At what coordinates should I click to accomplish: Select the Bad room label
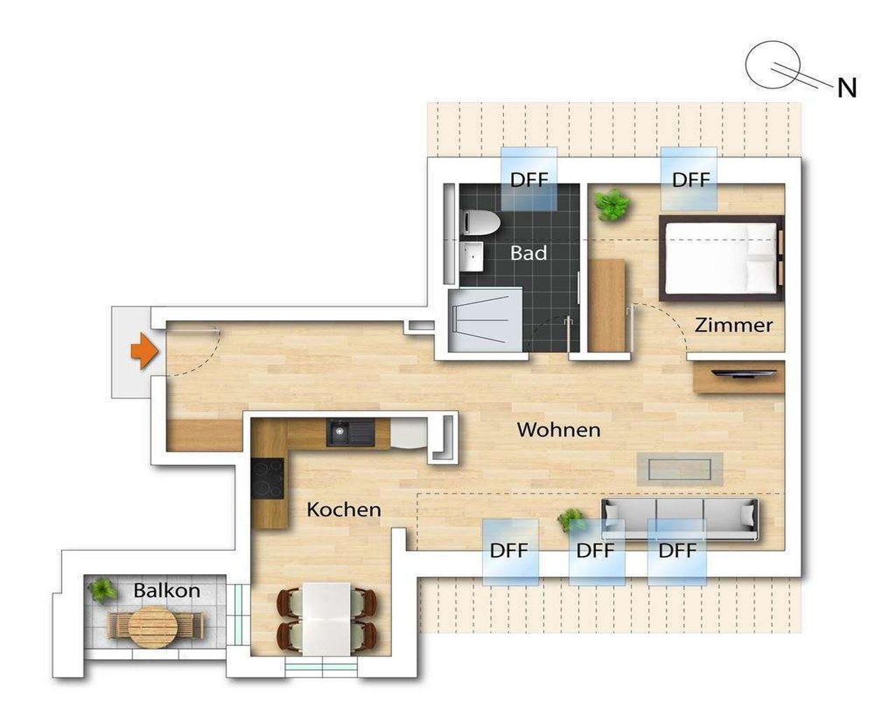(528, 253)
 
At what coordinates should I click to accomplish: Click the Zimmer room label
(733, 325)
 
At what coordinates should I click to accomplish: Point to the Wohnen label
(559, 429)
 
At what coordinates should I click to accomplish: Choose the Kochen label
(344, 510)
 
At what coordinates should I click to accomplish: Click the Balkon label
(167, 590)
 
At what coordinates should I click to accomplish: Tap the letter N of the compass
(847, 88)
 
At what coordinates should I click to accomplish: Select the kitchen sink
(351, 433)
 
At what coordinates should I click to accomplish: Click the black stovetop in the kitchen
(267, 478)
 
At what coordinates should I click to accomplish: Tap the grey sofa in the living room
(680, 520)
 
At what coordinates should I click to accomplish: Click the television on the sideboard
(743, 373)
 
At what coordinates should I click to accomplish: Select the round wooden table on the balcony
(153, 627)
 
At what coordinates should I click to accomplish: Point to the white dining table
(326, 619)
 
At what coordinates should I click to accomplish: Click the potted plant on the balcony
(101, 591)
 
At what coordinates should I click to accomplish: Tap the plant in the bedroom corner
(612, 205)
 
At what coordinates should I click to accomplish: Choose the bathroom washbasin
(471, 257)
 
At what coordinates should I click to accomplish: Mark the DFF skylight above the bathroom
(528, 179)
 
